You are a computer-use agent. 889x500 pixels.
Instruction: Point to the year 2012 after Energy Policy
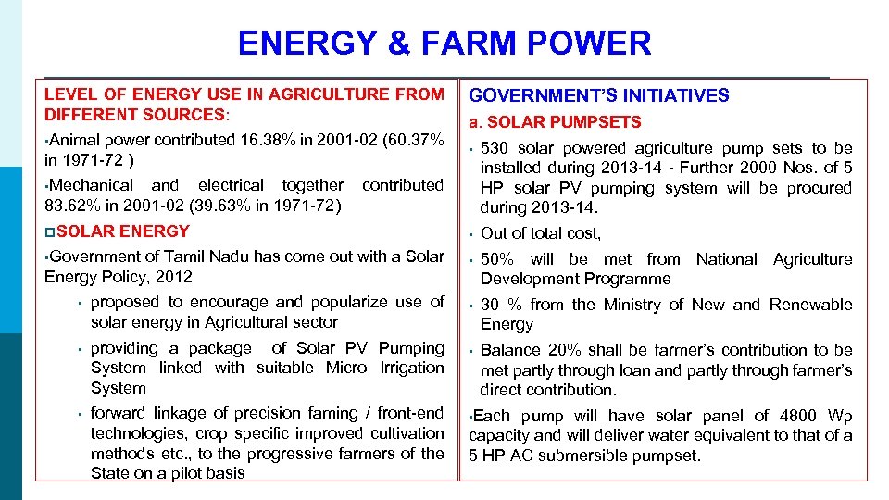coord(175,277)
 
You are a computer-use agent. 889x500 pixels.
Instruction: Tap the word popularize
coord(348,302)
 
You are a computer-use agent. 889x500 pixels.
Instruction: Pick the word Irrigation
coord(412,368)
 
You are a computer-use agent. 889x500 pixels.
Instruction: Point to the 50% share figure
coord(497,260)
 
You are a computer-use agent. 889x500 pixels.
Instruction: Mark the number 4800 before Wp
coord(801,416)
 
